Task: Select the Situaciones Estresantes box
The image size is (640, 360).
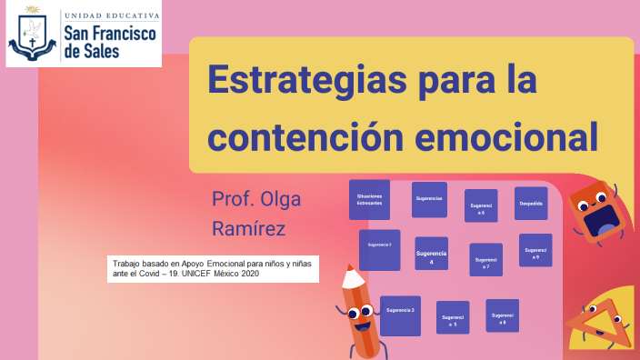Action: [x=369, y=199]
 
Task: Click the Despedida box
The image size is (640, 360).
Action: [x=531, y=204]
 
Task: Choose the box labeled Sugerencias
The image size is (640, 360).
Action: [x=429, y=199]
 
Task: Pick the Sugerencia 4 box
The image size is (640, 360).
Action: [x=431, y=257]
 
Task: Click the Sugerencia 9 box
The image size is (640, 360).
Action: [x=535, y=252]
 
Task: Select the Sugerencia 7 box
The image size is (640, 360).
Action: [x=485, y=261]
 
